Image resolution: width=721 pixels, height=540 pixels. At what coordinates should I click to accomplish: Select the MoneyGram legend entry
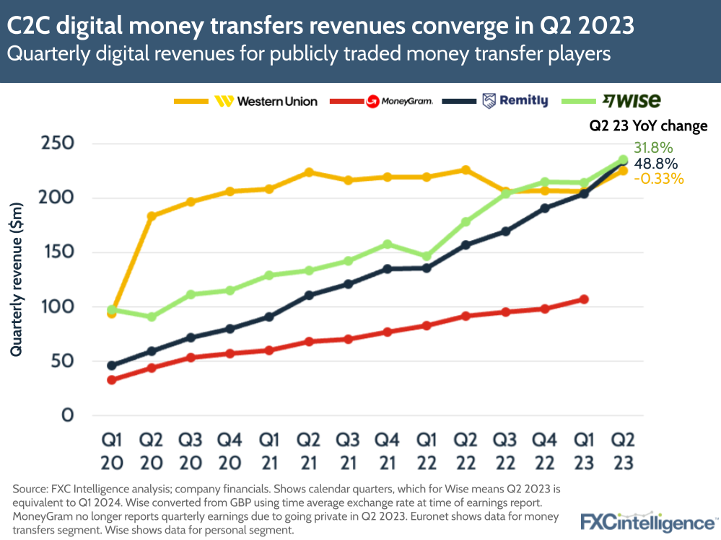399,102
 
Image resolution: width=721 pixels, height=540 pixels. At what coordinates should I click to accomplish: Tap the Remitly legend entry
515,102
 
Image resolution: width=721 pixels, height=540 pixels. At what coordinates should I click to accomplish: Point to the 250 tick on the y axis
56,143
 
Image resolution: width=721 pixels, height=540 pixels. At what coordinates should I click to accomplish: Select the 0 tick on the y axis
66,416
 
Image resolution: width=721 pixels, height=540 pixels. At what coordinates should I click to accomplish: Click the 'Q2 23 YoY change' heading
647,126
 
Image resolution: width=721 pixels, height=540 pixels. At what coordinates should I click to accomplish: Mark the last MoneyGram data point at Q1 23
584,299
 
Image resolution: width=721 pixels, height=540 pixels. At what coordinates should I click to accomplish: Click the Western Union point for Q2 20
152,216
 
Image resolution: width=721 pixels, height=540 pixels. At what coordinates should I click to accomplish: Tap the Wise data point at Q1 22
427,256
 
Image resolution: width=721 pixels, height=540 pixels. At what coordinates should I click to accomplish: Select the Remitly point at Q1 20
112,366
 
